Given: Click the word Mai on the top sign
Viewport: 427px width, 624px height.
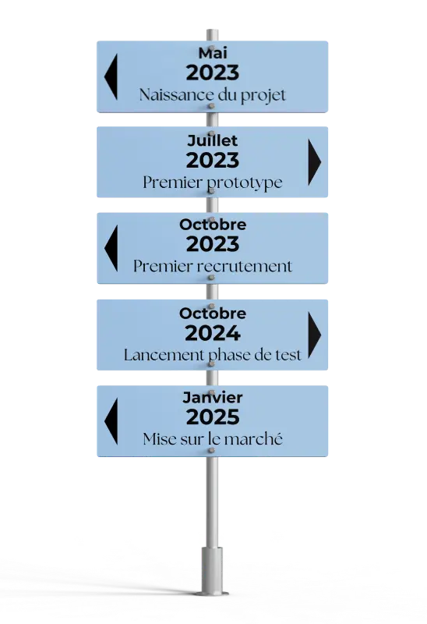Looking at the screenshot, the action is tap(213, 53).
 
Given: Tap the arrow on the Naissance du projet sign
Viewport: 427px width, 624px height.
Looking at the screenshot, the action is tap(111, 76).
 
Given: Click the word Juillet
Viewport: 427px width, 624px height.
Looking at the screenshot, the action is tap(212, 140).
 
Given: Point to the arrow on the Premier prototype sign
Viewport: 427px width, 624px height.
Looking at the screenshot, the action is tap(315, 162).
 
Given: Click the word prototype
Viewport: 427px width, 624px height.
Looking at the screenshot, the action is tap(245, 183).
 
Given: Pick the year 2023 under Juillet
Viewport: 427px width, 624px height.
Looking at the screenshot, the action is tap(213, 161).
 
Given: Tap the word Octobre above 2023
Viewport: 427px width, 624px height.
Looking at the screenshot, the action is tap(213, 225).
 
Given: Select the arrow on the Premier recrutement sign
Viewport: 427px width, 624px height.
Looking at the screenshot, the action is tap(111, 248).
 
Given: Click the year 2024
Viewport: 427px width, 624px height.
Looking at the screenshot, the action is tap(213, 333).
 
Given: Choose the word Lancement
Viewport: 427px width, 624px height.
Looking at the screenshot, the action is tap(164, 355).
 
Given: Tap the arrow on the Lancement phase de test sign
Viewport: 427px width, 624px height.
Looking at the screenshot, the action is tap(315, 335).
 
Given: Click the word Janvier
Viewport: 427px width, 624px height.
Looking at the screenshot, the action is tap(213, 397).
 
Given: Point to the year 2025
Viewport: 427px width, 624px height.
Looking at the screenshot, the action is tap(213, 417).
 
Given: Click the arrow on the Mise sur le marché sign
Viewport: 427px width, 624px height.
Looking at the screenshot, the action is tap(111, 421).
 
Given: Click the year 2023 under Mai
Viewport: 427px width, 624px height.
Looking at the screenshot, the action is tap(213, 73).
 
